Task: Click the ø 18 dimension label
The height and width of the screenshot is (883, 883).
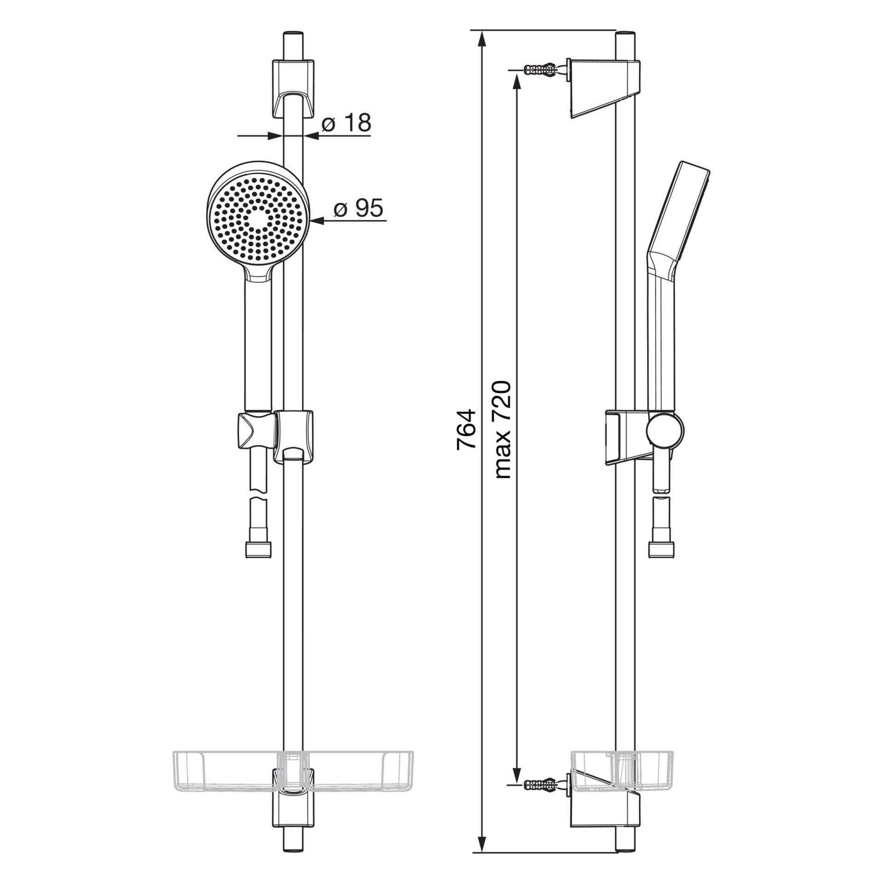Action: point(346,123)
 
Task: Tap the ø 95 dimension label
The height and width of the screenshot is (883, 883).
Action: point(358,208)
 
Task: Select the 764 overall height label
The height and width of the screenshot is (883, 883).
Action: point(465,429)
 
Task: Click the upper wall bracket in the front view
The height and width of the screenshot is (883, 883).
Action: point(293,88)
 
